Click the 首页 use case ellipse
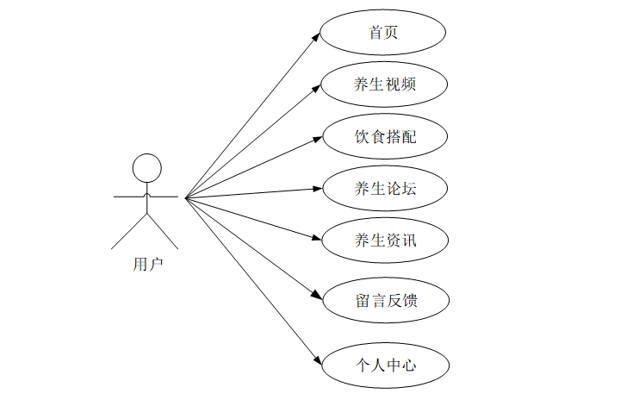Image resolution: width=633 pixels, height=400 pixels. coord(383,33)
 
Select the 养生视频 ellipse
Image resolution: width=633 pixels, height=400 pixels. coord(383,84)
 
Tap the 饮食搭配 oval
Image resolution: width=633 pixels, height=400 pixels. coord(383,136)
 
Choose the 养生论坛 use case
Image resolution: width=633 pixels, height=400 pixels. coord(383,188)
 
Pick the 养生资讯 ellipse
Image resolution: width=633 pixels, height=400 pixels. coord(383,239)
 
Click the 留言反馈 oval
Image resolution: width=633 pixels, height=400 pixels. coord(383,300)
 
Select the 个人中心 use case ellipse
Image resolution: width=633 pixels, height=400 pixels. coord(383,365)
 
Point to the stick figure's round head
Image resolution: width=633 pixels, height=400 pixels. coord(147,167)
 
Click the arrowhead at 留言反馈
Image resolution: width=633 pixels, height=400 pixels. coord(318,296)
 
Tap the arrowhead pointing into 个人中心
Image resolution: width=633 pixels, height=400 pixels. coord(318,359)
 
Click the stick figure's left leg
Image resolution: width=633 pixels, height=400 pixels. coord(130,231)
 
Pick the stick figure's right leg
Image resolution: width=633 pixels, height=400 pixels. coord(164,231)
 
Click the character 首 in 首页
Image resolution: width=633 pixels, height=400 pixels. coord(375,33)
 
